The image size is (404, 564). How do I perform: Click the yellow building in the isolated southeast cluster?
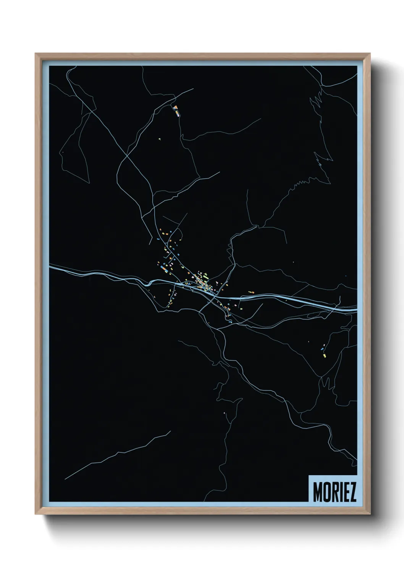[x=325, y=356]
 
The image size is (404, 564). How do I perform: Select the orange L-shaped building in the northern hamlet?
[x=176, y=107]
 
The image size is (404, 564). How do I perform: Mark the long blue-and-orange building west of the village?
[x=164, y=269]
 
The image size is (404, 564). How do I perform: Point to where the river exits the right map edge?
[x=356, y=310]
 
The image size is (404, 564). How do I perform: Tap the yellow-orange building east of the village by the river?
[x=251, y=292]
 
